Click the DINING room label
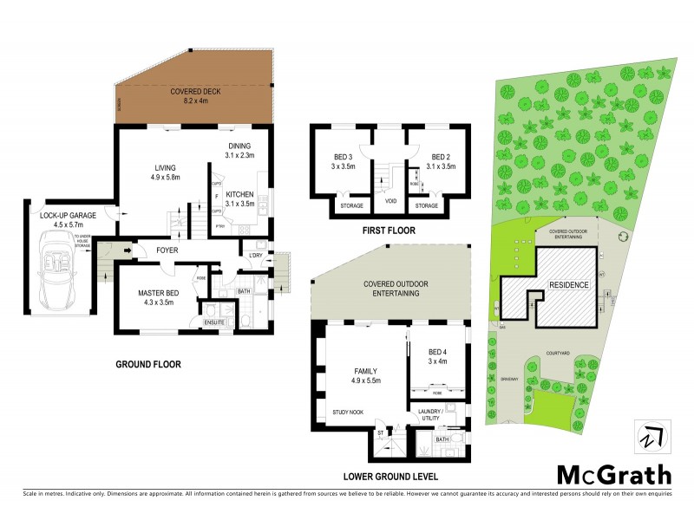tap(239, 146)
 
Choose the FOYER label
tap(167, 250)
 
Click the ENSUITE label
tap(213, 322)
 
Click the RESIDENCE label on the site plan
tap(569, 285)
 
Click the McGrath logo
tap(613, 474)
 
